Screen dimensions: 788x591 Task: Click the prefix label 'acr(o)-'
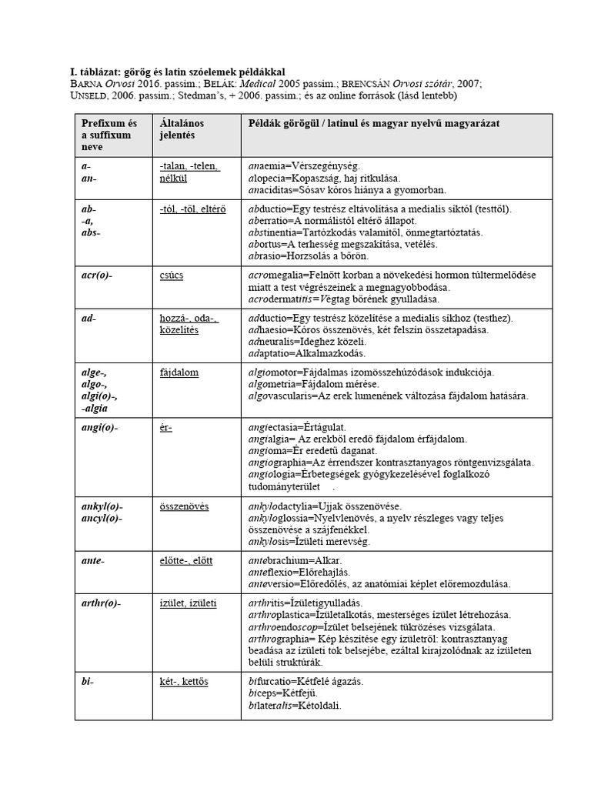pos(96,275)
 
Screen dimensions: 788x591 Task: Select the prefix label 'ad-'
pos(88,318)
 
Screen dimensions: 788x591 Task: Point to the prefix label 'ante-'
pos(92,561)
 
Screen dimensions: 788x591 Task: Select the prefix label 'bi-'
pos(87,681)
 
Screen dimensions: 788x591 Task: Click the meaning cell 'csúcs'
pos(172,275)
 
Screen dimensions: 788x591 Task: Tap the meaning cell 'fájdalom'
pos(179,372)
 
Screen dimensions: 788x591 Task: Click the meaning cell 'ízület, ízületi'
pos(188,603)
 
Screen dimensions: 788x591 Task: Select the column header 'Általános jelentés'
pos(181,129)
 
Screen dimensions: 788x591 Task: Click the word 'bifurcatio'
pos(275,681)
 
